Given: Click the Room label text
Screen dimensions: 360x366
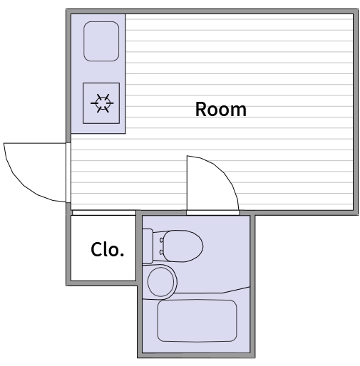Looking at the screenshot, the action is click(221, 109).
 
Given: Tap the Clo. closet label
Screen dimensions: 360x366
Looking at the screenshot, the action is click(108, 249).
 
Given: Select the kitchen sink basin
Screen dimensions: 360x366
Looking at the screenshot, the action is click(101, 41).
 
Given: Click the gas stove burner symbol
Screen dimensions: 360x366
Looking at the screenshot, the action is click(102, 103).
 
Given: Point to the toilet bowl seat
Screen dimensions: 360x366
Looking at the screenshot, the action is click(183, 246).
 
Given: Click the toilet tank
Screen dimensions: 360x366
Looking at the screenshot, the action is click(148, 246).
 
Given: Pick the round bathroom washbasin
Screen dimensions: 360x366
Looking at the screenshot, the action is click(161, 282).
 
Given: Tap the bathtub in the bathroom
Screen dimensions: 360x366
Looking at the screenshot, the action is click(197, 320).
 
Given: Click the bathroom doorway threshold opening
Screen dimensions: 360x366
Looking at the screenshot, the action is click(212, 213).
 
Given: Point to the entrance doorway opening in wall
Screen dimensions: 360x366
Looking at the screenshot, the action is click(68, 172).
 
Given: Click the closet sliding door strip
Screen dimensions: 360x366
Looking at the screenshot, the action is click(104, 213).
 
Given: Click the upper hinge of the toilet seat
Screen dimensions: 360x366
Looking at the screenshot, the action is click(162, 240).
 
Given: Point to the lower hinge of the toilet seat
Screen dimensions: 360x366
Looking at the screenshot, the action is click(162, 252).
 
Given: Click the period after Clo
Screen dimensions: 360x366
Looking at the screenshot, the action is click(122, 255).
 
